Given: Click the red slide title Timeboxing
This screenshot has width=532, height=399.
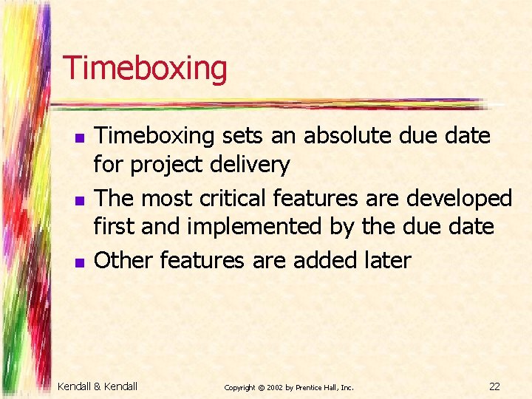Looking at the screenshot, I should (145, 68).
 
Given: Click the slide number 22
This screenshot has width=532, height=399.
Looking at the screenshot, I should (494, 386).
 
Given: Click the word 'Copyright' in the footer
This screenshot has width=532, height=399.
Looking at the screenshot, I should (239, 387).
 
